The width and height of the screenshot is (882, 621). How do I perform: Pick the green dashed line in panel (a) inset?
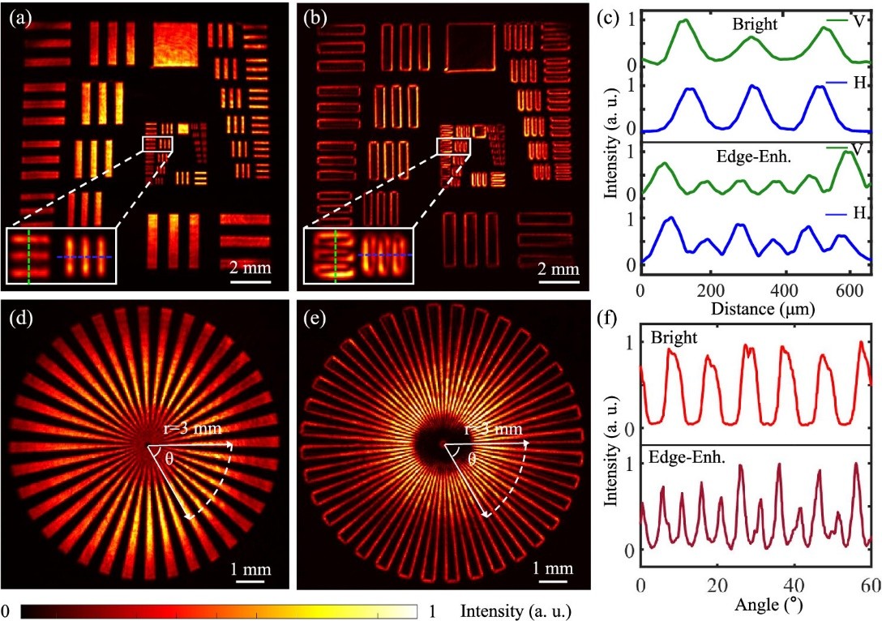tap(29, 256)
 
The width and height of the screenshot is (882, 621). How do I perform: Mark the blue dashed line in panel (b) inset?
tap(385, 255)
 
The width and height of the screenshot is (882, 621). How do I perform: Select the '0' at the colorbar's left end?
tap(6, 611)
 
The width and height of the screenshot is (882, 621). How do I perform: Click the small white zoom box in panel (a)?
tap(157, 144)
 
